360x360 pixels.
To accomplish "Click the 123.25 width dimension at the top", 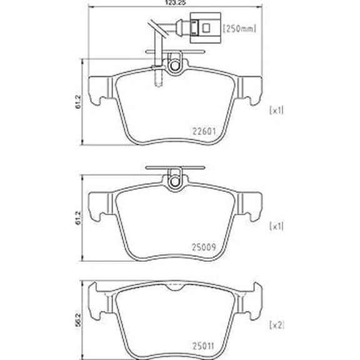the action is click(x=175, y=2).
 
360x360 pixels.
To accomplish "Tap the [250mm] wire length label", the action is click(x=239, y=29).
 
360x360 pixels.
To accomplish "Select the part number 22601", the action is click(x=204, y=131).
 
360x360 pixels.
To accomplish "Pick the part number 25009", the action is click(x=204, y=247).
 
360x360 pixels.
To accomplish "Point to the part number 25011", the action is click(x=203, y=346).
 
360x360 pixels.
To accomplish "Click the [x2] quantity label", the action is click(x=277, y=325).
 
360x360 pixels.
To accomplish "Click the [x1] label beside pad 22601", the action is click(x=276, y=111).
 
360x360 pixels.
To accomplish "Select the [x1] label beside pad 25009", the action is click(x=276, y=226).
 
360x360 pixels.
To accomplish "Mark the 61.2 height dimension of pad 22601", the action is click(x=78, y=102).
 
